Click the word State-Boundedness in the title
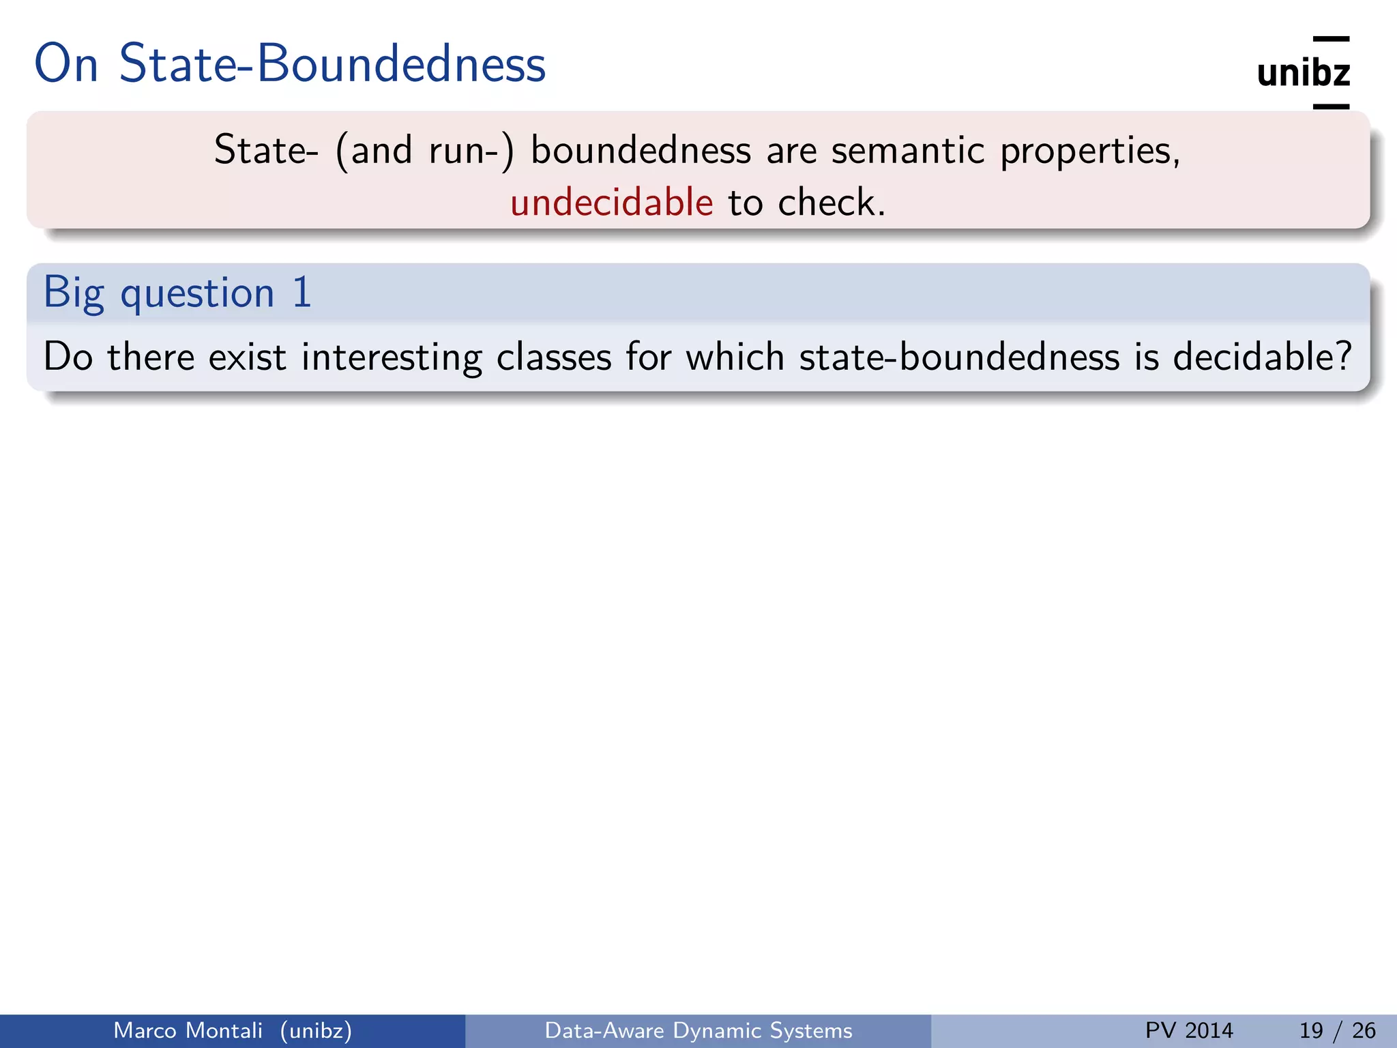click(332, 63)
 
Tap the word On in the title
click(66, 63)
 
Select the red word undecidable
click(611, 203)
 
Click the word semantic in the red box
click(907, 150)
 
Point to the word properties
click(1089, 151)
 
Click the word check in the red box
click(829, 203)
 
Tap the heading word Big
click(74, 293)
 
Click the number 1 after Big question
click(302, 292)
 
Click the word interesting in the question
click(392, 358)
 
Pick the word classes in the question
click(553, 358)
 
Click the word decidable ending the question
click(1261, 356)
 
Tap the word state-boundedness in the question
click(959, 356)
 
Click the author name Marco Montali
click(188, 1030)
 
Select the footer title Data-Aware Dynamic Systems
click(698, 1030)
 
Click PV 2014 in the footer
click(1189, 1030)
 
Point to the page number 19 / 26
click(1337, 1030)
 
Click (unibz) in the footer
click(316, 1030)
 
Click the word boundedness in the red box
click(641, 150)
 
